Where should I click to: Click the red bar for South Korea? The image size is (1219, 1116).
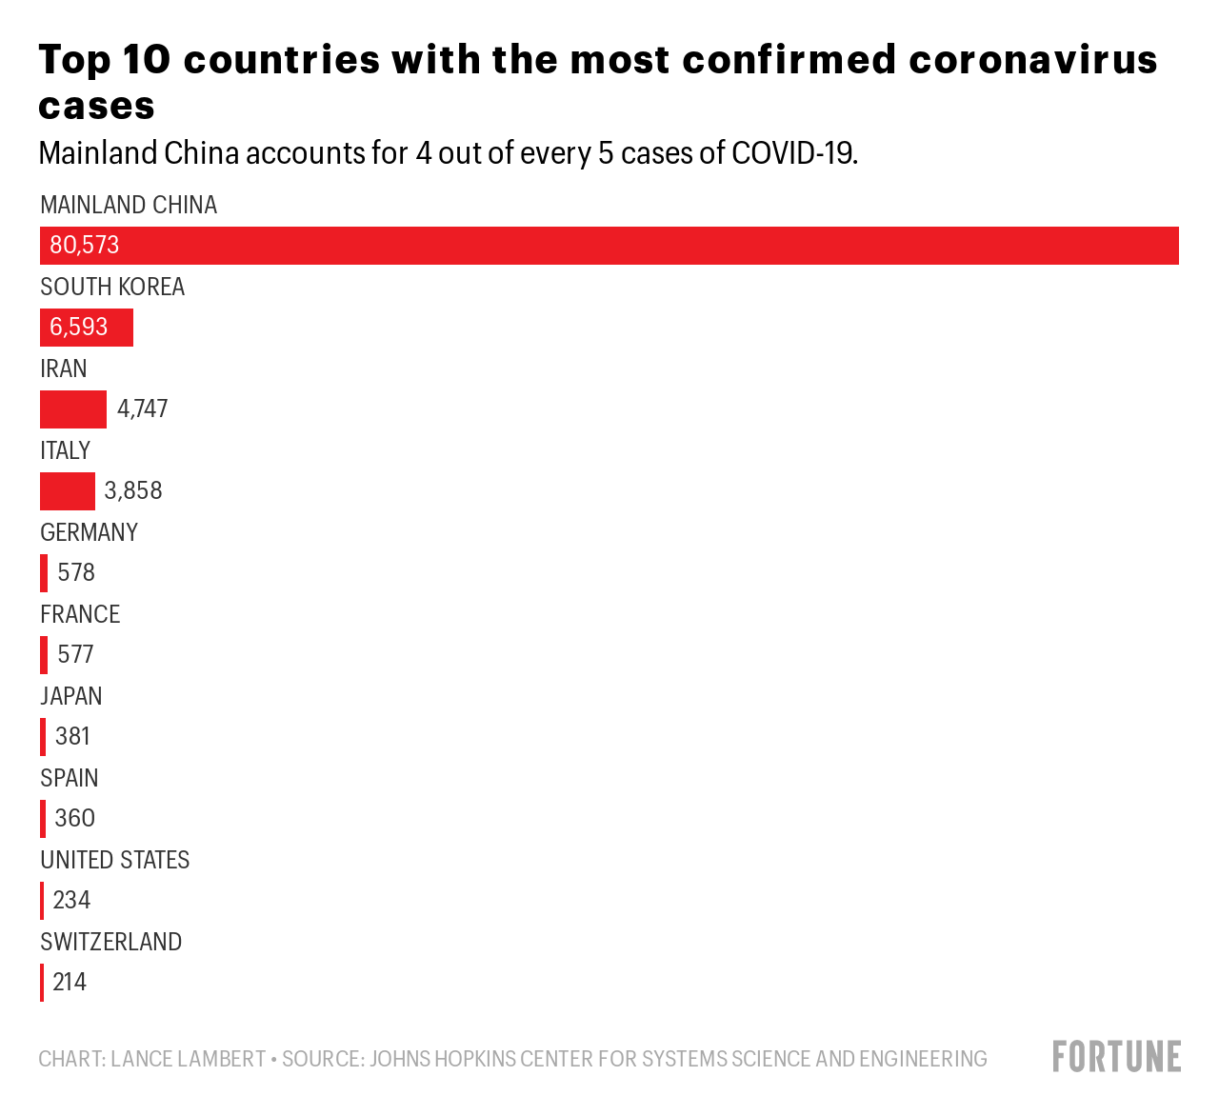87,328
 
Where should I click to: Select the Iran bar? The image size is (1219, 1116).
73,409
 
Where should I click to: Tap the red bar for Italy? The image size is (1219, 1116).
68,491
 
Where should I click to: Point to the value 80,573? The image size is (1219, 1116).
85,245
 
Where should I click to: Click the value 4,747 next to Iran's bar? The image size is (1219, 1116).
142,409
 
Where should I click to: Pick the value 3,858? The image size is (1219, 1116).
133,491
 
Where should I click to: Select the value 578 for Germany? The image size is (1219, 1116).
76,572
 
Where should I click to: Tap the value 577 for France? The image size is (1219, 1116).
75,654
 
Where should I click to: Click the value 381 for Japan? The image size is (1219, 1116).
72,737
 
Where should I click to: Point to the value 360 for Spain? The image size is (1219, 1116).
74,818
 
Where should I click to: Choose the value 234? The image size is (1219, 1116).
71,900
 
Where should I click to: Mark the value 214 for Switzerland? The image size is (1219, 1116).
70,983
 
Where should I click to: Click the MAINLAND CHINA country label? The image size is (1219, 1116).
129,206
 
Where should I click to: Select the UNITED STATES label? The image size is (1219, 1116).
115,860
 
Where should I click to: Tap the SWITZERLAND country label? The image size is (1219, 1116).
111,942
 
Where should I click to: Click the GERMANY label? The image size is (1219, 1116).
89,532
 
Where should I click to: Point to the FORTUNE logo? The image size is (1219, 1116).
1117,1057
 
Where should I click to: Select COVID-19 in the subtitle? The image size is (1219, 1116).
794,153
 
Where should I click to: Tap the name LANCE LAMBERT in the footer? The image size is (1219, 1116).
189,1059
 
